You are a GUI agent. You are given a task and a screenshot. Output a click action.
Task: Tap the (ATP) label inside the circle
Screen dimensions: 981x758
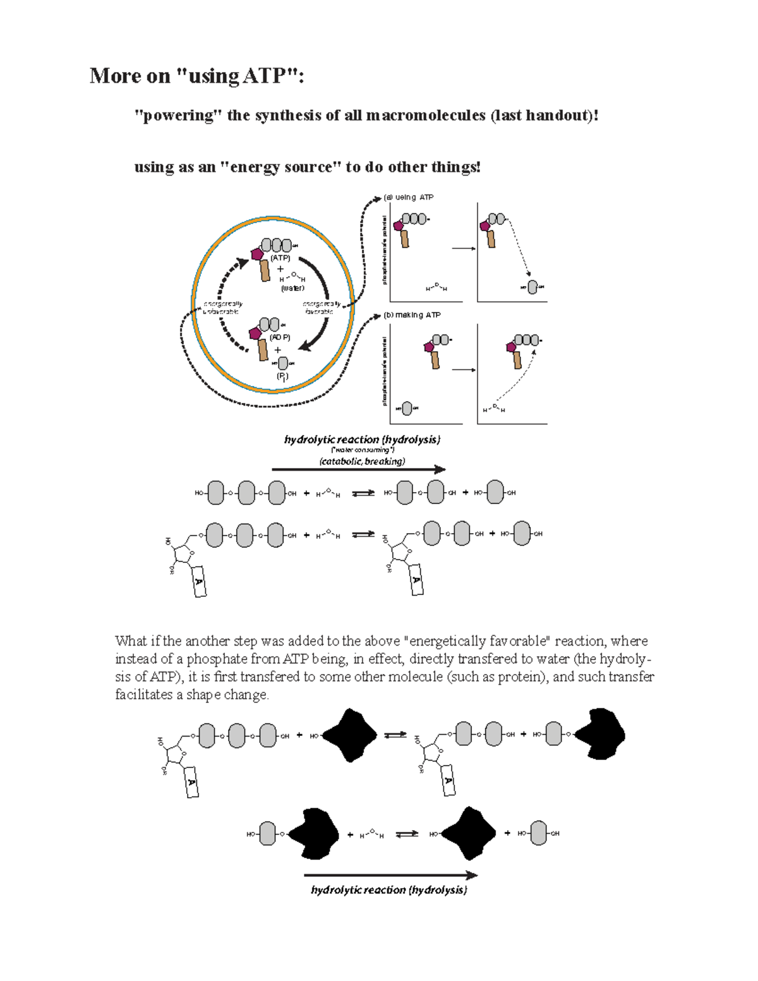tap(280, 258)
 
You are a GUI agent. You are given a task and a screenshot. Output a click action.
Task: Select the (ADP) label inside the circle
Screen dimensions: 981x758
tap(280, 337)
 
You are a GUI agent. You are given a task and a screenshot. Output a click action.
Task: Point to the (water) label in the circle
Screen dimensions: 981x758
tap(292, 288)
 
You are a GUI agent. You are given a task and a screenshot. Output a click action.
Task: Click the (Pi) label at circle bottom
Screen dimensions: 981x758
tap(282, 376)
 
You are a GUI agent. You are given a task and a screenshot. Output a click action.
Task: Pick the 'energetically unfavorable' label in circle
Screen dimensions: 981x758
tap(222, 308)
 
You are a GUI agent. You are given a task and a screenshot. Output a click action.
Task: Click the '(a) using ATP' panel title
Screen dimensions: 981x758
tap(409, 197)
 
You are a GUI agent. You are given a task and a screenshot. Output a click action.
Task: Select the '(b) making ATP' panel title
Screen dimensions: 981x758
tap(412, 315)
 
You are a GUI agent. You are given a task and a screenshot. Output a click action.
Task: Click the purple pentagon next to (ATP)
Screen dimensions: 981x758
tap(257, 254)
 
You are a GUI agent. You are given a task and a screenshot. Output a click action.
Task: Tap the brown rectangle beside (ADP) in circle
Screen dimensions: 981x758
tap(263, 349)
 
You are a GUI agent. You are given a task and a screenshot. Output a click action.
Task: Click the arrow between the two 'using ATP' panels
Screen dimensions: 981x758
tap(464, 248)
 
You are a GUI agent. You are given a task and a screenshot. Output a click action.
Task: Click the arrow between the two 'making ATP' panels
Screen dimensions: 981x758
tap(464, 370)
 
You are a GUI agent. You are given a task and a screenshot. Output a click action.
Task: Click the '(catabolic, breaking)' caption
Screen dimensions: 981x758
tap(362, 461)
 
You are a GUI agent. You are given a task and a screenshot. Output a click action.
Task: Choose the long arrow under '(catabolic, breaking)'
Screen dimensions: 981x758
tap(358, 469)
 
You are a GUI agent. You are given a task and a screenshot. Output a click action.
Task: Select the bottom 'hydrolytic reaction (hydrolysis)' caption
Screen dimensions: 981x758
tap(389, 890)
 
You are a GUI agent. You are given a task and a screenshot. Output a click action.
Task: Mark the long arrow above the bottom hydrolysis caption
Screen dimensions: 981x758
tap(390, 876)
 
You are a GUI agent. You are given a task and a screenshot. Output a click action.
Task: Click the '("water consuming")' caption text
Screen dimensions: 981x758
tap(363, 450)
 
